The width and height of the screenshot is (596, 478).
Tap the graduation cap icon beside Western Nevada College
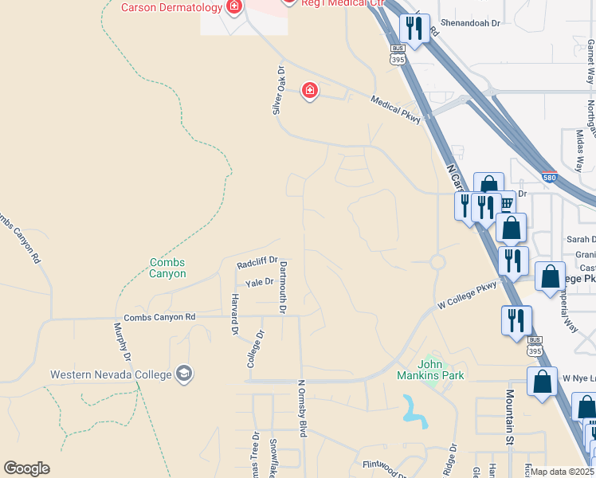click(184, 374)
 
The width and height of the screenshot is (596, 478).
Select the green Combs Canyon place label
click(167, 268)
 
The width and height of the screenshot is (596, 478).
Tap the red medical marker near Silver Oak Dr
click(309, 92)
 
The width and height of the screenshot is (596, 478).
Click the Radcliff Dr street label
click(257, 262)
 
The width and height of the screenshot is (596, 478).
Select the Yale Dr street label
click(259, 282)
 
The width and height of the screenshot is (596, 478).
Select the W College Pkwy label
click(467, 296)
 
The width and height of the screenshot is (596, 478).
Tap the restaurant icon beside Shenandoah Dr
click(414, 30)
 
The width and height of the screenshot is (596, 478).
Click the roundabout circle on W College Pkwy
click(437, 261)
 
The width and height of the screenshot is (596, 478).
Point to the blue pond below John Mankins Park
click(414, 409)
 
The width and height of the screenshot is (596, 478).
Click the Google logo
click(26, 468)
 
